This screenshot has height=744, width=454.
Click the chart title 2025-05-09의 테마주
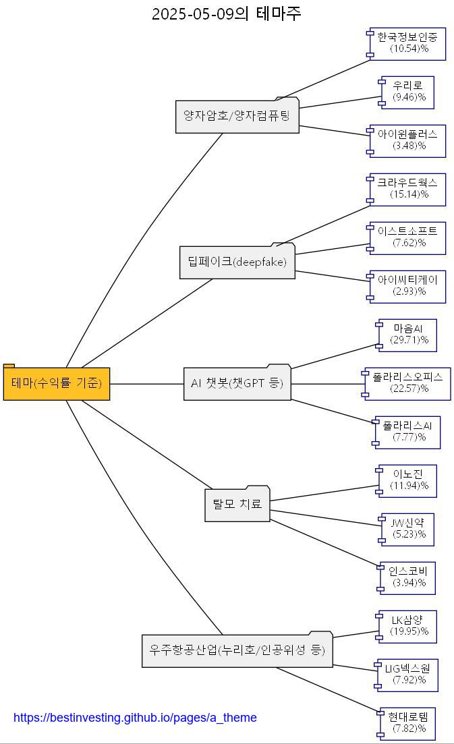[x=227, y=13]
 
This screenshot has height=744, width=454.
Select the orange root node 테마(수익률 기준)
[x=57, y=383]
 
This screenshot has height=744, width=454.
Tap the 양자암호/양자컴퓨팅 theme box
[x=237, y=116]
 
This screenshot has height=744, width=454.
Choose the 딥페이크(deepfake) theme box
[x=237, y=262]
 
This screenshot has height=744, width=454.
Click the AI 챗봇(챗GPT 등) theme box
[x=237, y=383]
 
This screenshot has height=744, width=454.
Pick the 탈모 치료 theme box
[x=237, y=504]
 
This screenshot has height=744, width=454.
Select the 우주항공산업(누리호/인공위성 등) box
[x=237, y=650]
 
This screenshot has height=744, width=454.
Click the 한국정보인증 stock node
[x=407, y=43]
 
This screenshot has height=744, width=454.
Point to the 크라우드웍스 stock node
[x=407, y=189]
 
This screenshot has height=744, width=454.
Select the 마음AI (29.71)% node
[x=408, y=335]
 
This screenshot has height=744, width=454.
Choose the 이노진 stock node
[x=408, y=480]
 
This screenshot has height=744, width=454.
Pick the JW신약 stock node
[x=408, y=529]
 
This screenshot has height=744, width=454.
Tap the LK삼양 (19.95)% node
[x=408, y=626]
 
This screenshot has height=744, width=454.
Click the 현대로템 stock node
[x=408, y=723]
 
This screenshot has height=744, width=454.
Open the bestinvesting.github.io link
[x=135, y=718]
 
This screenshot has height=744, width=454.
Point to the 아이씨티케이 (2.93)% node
[x=407, y=286]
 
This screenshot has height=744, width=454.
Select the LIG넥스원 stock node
[x=408, y=675]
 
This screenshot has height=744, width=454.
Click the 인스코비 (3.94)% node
[x=408, y=577]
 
